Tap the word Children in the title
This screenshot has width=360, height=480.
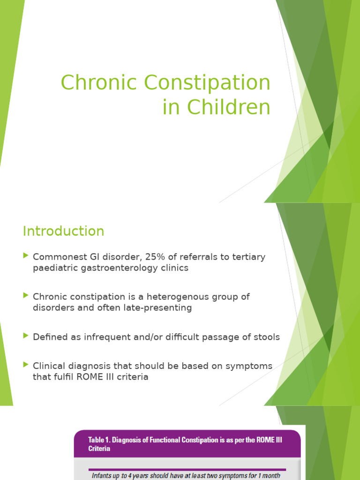(x=229, y=107)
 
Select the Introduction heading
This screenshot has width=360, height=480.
(x=64, y=231)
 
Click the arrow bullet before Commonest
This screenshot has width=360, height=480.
(x=25, y=256)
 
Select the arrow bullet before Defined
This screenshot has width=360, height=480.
(x=25, y=336)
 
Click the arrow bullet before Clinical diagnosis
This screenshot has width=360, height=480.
(x=25, y=365)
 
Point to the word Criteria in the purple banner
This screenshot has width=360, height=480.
(x=99, y=449)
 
